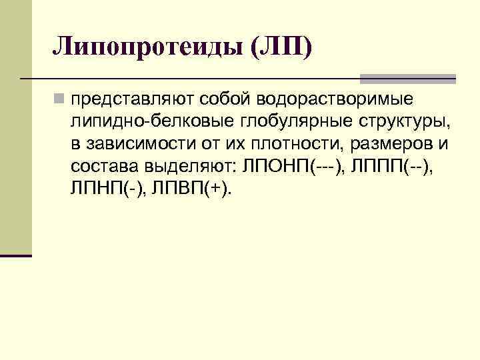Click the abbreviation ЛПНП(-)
[x=107, y=189]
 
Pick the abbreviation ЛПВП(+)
[x=192, y=189]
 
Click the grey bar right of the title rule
[x=407, y=78]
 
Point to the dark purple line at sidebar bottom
[x=16, y=255]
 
